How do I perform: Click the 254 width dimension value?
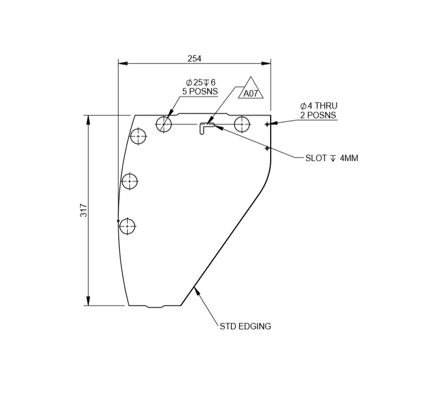pyautogui.click(x=194, y=58)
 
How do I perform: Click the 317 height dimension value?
pyautogui.click(x=84, y=210)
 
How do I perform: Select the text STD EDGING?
pyautogui.click(x=245, y=327)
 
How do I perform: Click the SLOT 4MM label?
pyautogui.click(x=332, y=158)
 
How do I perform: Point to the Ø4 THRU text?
pyautogui.click(x=318, y=106)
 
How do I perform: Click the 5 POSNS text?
pyautogui.click(x=200, y=91)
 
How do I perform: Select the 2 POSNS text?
pyautogui.click(x=318, y=115)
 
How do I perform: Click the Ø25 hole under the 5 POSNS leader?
pyautogui.click(x=164, y=124)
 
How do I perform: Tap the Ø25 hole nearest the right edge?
pyautogui.click(x=242, y=124)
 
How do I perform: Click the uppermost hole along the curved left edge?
pyautogui.click(x=138, y=136)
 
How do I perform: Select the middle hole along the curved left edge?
pyautogui.click(x=130, y=182)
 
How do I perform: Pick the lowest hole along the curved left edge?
pyautogui.click(x=128, y=227)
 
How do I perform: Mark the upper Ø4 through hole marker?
pyautogui.click(x=267, y=124)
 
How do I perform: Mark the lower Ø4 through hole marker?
pyautogui.click(x=267, y=148)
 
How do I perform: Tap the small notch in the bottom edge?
pyautogui.click(x=155, y=306)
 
